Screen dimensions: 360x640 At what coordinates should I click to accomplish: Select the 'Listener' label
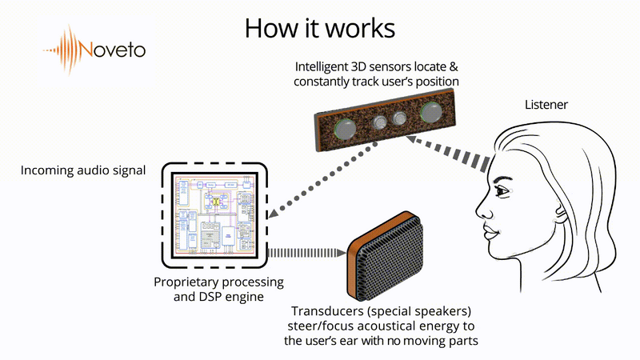(x=546, y=106)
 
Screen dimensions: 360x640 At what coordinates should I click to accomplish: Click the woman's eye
(x=503, y=192)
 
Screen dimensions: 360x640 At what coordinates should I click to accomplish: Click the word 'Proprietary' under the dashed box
(x=186, y=282)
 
